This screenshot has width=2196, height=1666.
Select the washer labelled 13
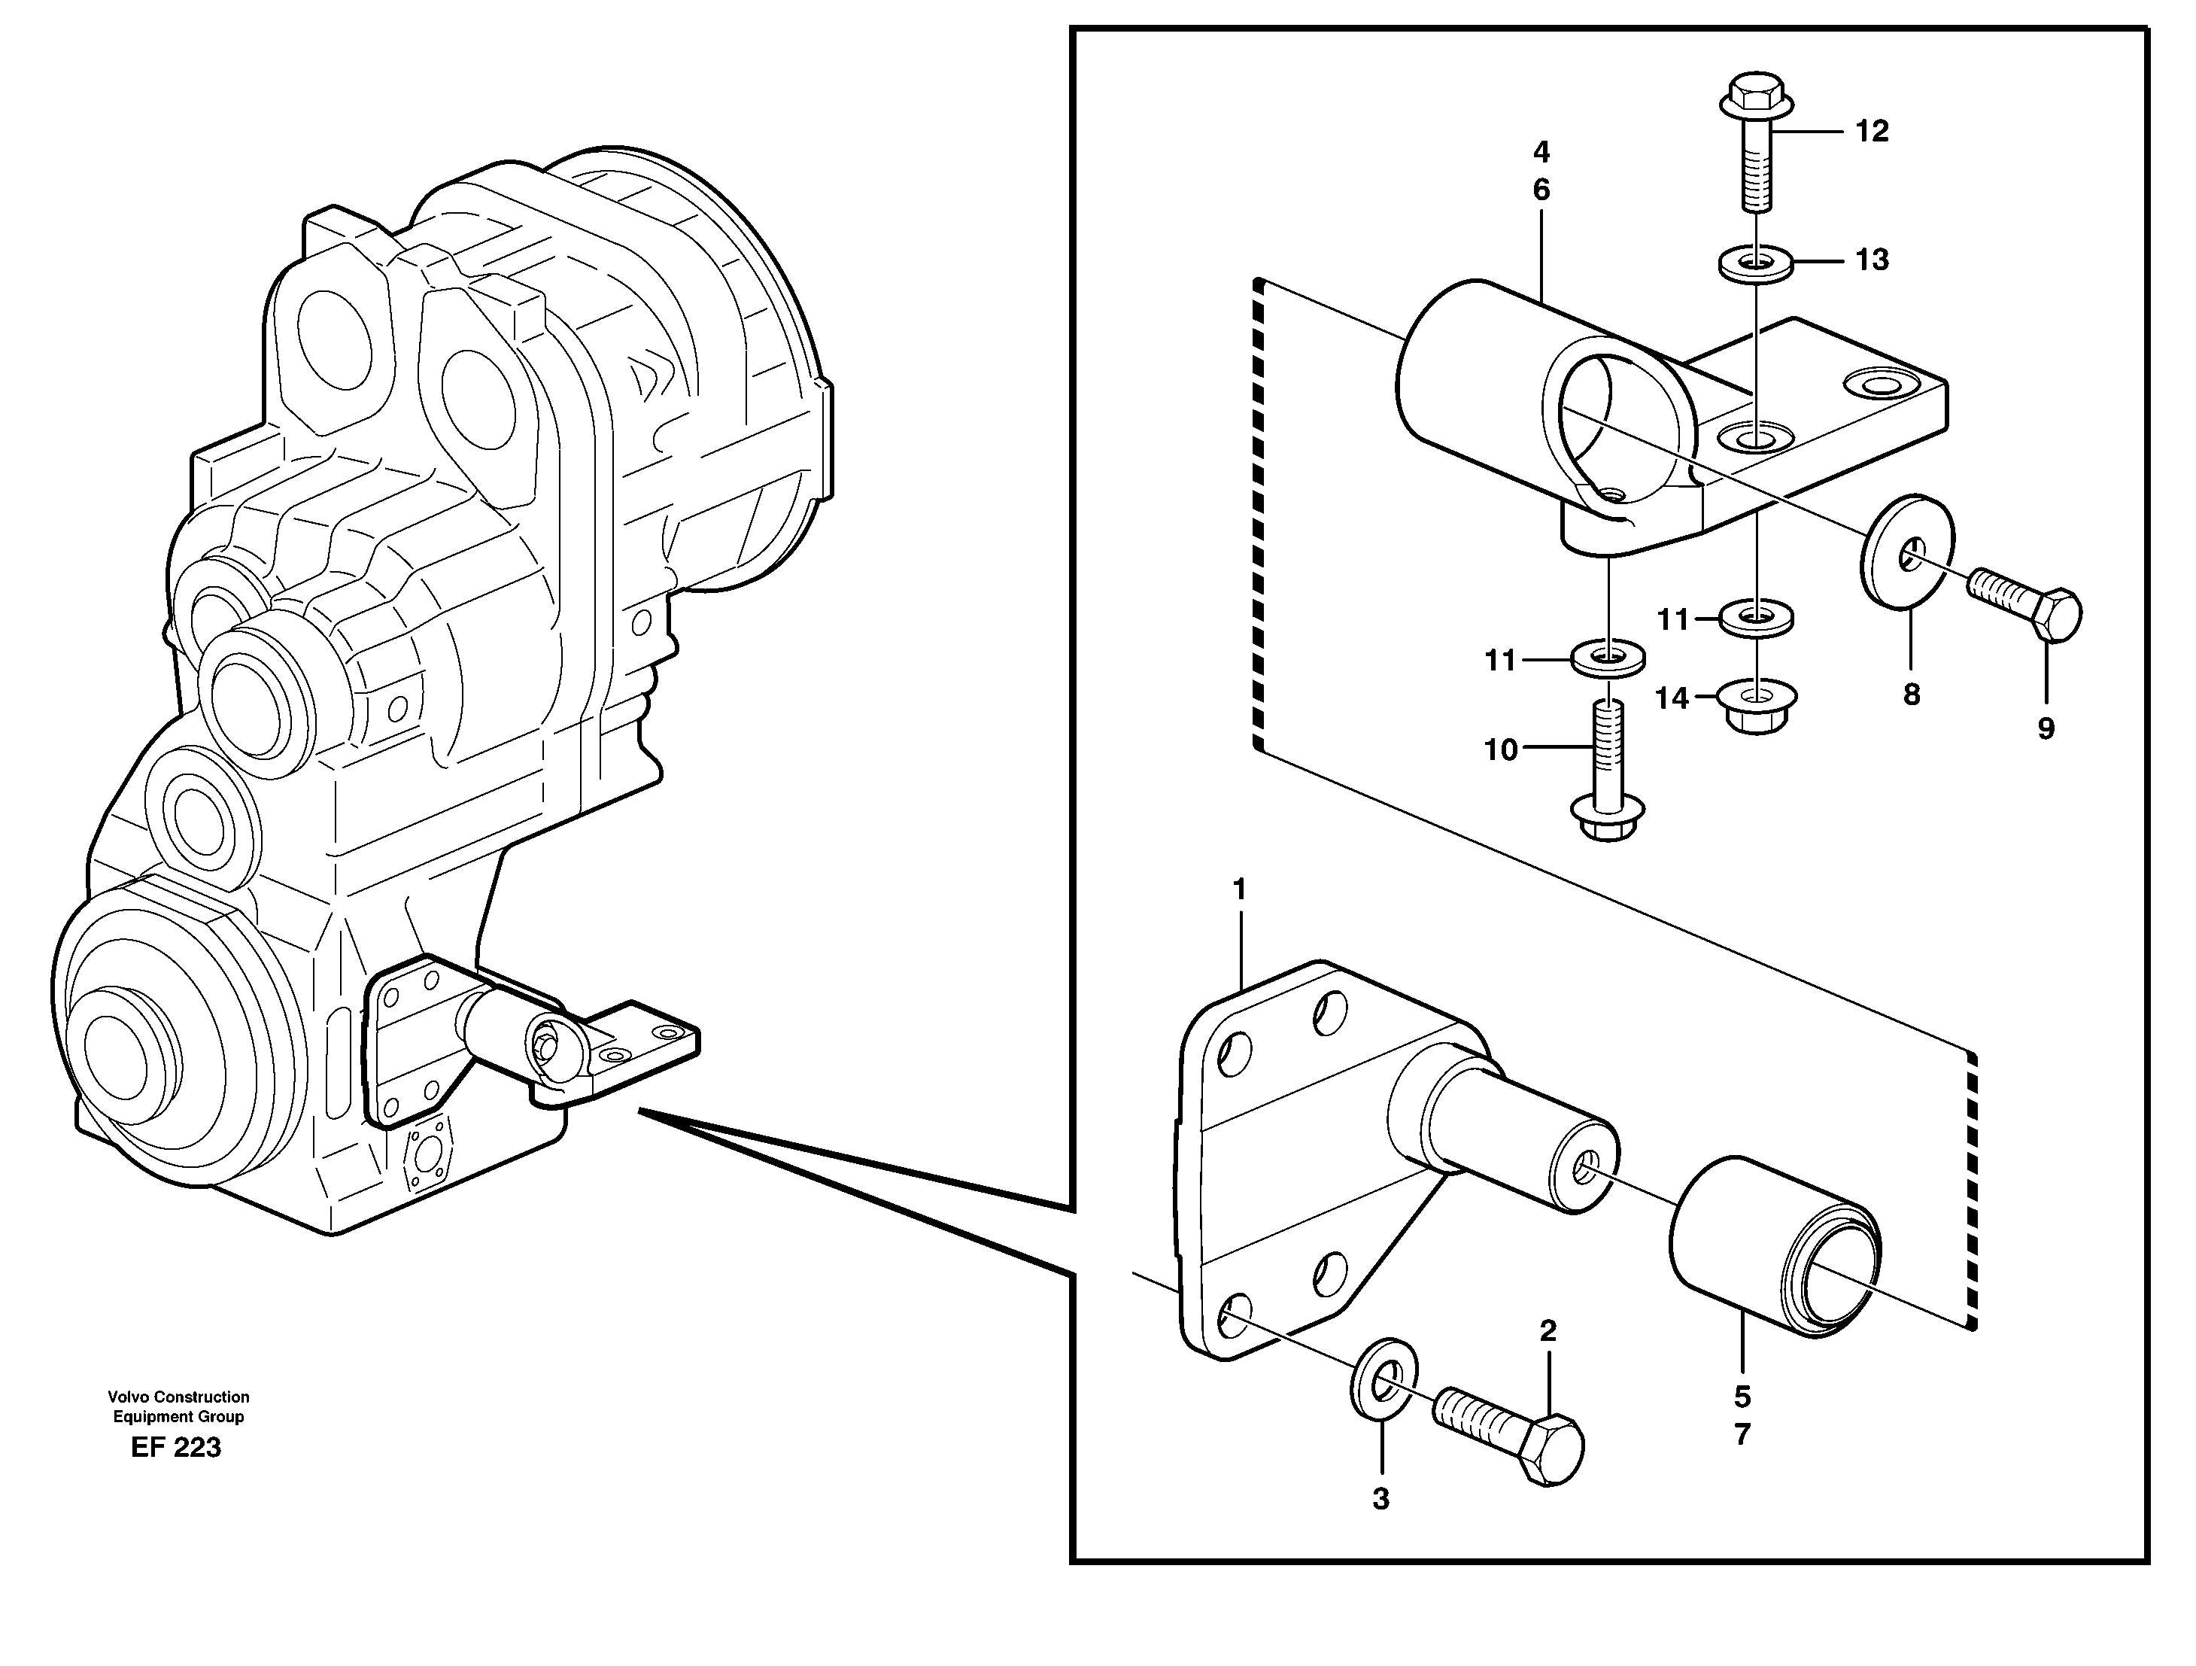tap(1755, 265)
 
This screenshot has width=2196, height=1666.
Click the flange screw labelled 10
tap(1609, 784)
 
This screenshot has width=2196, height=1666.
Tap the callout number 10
tap(1501, 749)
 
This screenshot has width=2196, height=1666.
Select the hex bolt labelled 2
tap(1509, 1440)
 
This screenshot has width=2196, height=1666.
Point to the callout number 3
tap(1381, 1499)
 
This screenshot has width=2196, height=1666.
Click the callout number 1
tap(1239, 889)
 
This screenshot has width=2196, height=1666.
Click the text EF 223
tap(176, 1449)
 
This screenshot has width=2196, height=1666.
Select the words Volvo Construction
tap(179, 1397)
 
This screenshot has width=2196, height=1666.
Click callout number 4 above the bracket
tap(1541, 152)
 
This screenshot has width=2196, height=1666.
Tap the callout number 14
tap(1672, 699)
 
